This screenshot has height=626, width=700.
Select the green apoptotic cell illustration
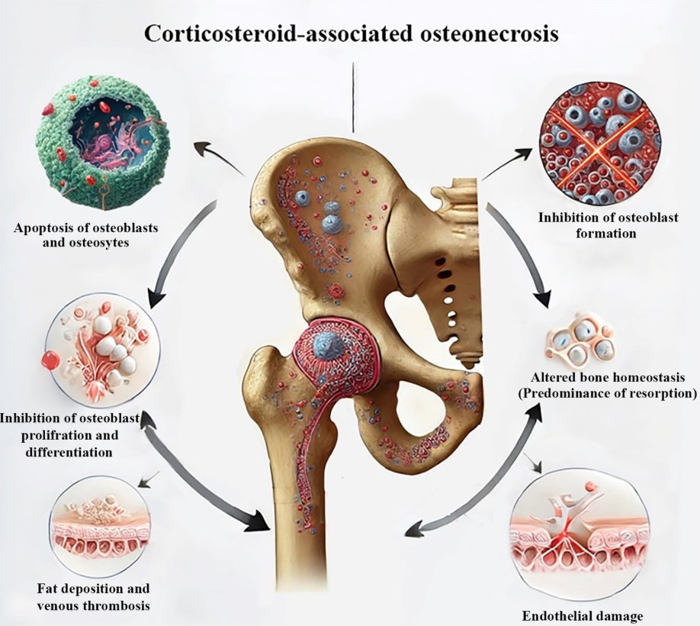click(x=104, y=146)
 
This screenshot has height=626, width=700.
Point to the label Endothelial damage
click(x=582, y=615)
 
